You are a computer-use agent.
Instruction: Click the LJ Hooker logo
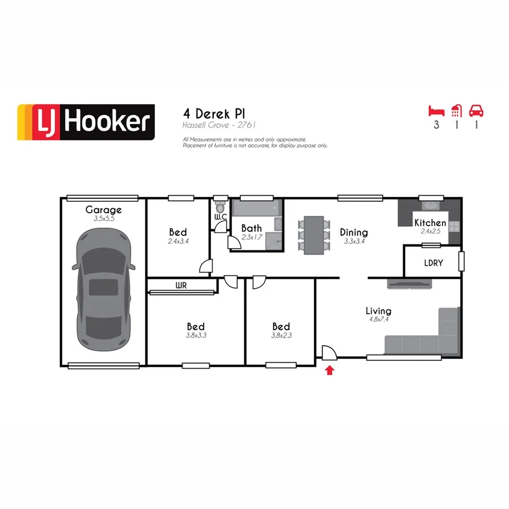coord(86,122)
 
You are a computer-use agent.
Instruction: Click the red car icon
coord(477,110)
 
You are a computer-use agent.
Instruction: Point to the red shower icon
coord(456,110)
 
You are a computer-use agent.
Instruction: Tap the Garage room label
coord(103,210)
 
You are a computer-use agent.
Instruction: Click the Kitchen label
coord(430,223)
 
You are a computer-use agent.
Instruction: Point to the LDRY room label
coord(433,263)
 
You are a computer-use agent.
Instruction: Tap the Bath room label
coord(252,228)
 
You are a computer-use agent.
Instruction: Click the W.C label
coord(220,217)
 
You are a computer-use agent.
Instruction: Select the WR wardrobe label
coord(181,286)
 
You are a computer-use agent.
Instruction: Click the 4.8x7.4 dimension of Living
coord(378,320)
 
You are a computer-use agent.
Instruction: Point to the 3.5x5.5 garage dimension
coord(103,218)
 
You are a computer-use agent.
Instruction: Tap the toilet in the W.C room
coord(219,204)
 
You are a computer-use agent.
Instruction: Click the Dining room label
coord(354,232)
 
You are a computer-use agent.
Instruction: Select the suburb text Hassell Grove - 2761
coord(221,124)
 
